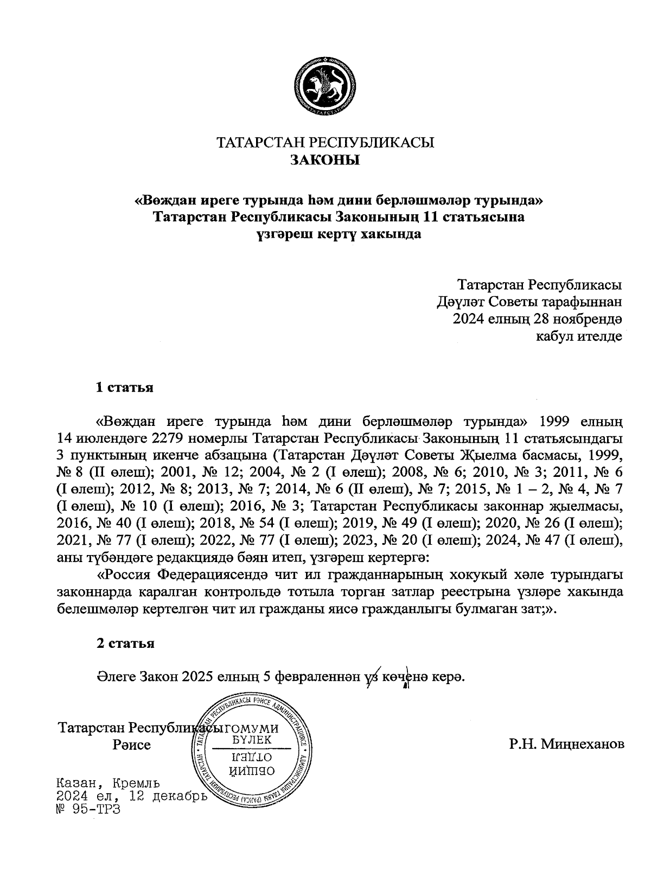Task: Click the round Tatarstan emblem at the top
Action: click(x=325, y=85)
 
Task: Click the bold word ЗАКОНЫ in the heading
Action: click(x=325, y=160)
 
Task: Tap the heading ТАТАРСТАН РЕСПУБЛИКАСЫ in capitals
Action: click(x=325, y=143)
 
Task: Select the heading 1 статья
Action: click(x=124, y=387)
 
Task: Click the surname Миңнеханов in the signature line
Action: click(x=581, y=744)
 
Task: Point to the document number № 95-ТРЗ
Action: click(x=87, y=809)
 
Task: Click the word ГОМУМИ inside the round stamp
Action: click(x=251, y=728)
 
